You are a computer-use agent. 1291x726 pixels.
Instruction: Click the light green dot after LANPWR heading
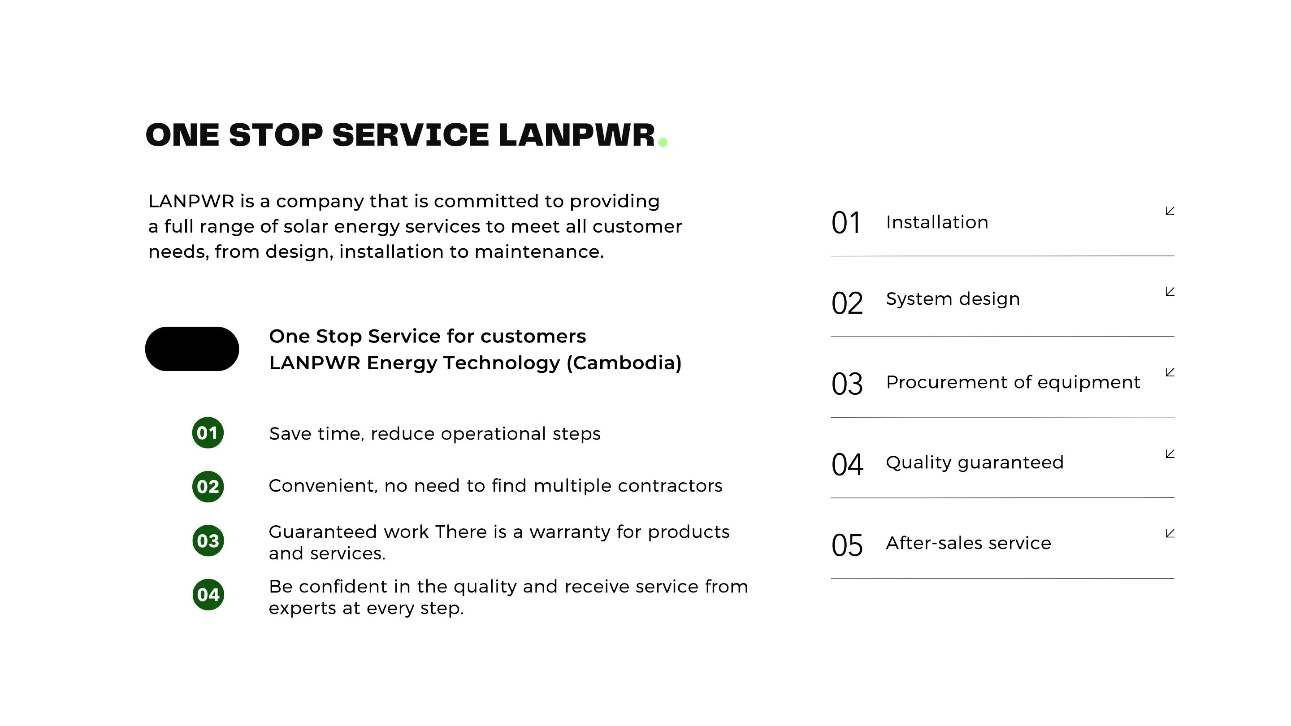tap(663, 143)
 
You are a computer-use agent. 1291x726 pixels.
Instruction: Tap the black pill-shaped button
tap(192, 349)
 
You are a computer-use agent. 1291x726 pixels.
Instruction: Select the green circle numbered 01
tap(208, 432)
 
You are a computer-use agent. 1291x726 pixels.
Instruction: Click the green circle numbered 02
tap(208, 487)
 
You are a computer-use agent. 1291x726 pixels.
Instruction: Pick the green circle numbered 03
tap(208, 540)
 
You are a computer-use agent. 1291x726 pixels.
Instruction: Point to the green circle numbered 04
tap(208, 595)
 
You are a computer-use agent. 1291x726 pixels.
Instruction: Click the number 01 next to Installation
tap(846, 223)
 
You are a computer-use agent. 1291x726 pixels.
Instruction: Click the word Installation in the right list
tap(937, 222)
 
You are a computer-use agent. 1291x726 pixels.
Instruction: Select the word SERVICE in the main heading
tap(411, 135)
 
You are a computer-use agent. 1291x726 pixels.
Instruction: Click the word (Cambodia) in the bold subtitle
tap(624, 363)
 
